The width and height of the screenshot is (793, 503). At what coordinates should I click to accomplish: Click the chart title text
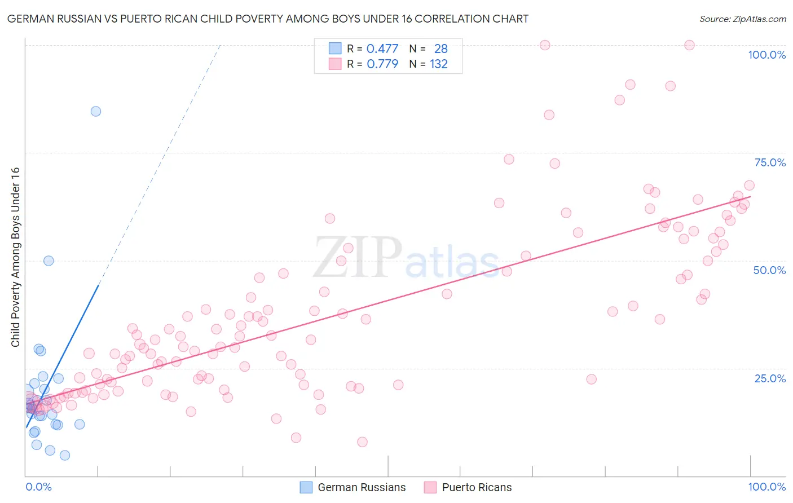tap(268, 19)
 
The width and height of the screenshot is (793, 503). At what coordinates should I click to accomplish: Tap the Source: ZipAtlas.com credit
tap(742, 19)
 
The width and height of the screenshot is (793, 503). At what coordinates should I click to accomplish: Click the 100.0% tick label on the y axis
tap(766, 55)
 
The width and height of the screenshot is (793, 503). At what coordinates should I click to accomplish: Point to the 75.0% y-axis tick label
tap(770, 162)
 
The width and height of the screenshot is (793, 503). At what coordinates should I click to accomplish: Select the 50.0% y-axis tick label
tap(769, 270)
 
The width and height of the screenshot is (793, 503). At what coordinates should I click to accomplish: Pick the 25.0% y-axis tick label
tap(770, 378)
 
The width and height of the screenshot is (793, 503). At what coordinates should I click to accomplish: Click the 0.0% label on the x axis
tap(38, 487)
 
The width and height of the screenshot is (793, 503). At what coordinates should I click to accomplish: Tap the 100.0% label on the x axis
tap(766, 487)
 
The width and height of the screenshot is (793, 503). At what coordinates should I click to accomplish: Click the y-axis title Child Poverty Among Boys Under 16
tap(15, 257)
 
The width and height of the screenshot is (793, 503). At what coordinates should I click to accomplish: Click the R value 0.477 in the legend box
tap(382, 48)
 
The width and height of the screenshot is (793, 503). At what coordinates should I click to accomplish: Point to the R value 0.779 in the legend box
tap(382, 64)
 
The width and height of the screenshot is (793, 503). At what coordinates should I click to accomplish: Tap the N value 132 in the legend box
tap(439, 64)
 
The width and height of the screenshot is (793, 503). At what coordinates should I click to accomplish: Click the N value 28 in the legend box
tap(441, 48)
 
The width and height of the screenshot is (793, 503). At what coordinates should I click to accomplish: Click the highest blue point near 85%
tap(96, 111)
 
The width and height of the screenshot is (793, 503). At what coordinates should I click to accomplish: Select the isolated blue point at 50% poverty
tap(49, 261)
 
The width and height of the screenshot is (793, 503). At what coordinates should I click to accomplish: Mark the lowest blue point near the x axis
tap(65, 455)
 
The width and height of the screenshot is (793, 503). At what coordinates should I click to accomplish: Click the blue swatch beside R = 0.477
tap(335, 48)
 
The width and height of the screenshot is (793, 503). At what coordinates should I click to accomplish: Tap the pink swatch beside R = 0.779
tap(335, 64)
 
